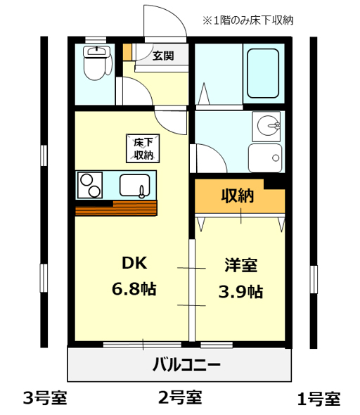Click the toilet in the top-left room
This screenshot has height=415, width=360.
tap(96, 63)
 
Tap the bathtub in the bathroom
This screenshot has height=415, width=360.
tap(263, 73)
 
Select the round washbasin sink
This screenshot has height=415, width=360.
tap(268, 126)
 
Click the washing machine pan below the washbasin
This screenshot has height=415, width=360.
tap(265, 158)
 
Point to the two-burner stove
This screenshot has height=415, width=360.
tap(90, 185)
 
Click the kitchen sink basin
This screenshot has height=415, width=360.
tap(134, 186)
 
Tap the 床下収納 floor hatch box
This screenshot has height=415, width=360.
tap(143, 148)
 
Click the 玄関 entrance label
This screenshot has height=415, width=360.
tap(163, 56)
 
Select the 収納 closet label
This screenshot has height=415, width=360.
tap(237, 196)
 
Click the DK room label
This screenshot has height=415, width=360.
tap(134, 263)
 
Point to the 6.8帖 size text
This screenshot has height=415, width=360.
tap(134, 289)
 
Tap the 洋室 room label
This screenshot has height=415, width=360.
tap(240, 265)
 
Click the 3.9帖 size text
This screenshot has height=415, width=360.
tap(240, 292)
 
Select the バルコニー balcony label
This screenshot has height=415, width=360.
tap(186, 364)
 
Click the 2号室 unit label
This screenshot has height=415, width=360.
tap(180, 397)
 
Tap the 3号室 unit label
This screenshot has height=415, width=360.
tap(45, 398)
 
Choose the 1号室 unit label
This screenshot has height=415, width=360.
tap(319, 399)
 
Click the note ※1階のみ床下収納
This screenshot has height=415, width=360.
tap(247, 20)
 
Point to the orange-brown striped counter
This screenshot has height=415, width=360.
tap(116, 208)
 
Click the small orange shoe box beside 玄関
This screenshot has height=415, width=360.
tap(127, 52)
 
